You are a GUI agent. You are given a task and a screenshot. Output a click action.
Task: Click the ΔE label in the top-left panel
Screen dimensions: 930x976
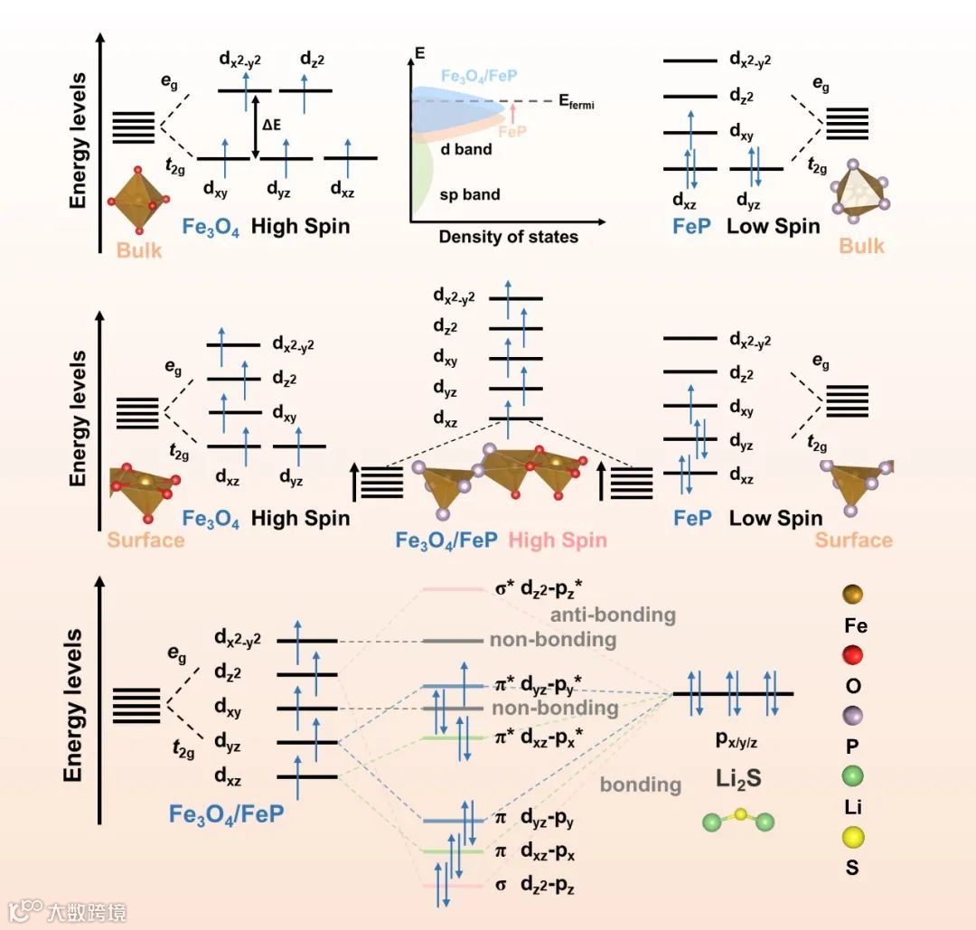click(272, 124)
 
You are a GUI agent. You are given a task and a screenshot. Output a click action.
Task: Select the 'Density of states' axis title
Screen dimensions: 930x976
click(508, 237)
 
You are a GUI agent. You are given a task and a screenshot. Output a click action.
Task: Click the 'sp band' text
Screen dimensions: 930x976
click(470, 194)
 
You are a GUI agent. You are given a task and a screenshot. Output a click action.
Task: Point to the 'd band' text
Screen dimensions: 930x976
click(466, 148)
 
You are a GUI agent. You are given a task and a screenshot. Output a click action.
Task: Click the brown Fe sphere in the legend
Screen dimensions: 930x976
click(852, 594)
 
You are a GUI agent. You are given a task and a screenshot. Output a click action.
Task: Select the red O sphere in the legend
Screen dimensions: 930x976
click(852, 655)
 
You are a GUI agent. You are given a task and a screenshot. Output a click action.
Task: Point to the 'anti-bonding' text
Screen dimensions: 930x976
click(613, 615)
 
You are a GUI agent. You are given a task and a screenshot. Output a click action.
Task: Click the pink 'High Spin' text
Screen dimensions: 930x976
click(558, 540)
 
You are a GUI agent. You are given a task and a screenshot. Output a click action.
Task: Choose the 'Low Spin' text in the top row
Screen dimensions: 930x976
click(774, 225)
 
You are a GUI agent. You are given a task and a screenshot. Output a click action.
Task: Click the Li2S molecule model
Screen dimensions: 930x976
click(739, 820)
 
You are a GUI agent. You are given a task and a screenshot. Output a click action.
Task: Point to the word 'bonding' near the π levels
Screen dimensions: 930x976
click(641, 784)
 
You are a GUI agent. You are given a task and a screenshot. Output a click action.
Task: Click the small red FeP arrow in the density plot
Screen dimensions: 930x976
click(512, 112)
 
